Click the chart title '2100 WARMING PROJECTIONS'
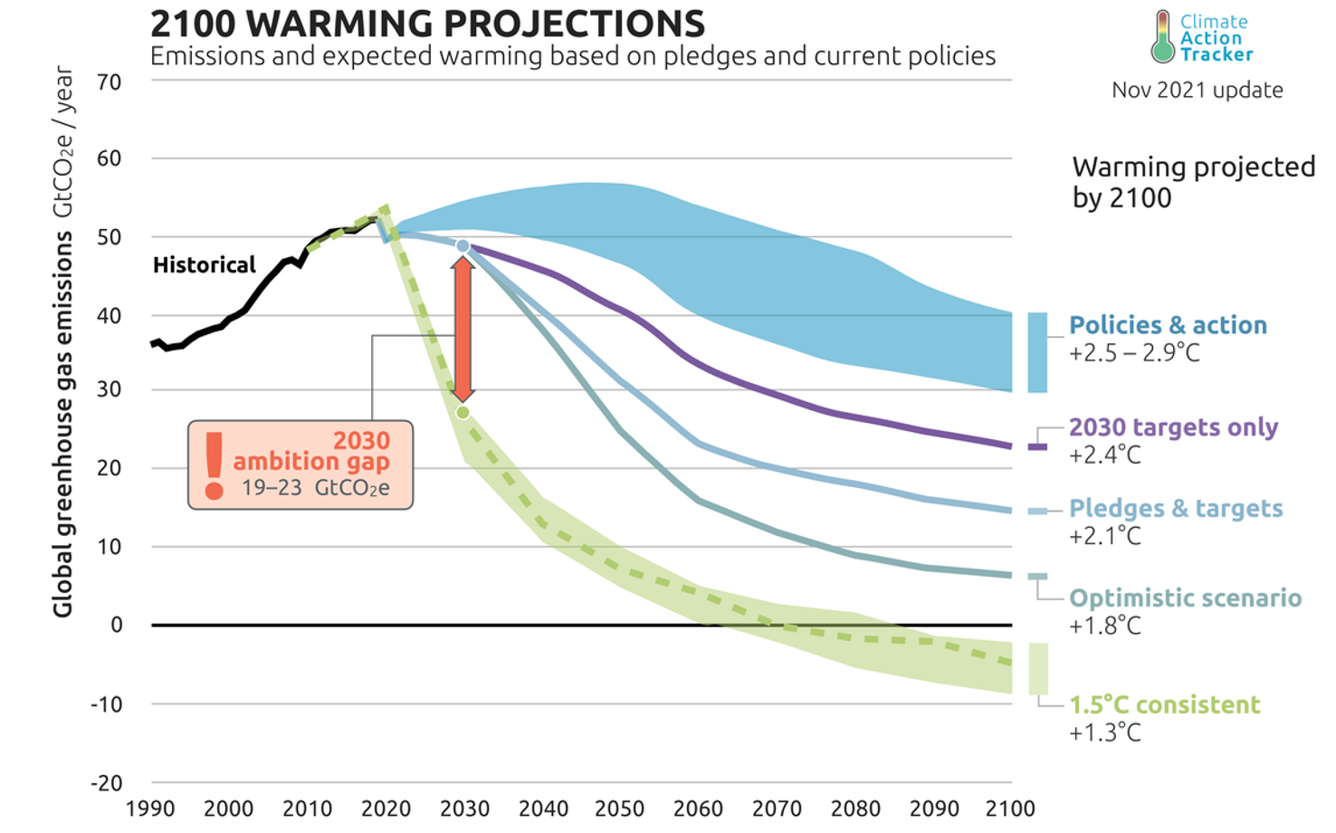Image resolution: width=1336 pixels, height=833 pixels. (x=427, y=24)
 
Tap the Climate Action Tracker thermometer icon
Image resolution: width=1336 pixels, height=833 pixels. (x=1162, y=37)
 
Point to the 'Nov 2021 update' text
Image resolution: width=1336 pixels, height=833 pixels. (x=1197, y=91)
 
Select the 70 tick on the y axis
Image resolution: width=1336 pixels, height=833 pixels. (x=109, y=82)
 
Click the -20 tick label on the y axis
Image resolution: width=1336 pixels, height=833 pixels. (x=106, y=784)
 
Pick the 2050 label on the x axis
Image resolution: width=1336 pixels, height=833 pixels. (x=620, y=809)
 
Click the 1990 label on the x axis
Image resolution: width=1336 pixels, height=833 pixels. (x=150, y=809)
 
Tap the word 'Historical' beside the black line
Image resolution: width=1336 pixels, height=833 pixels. (x=204, y=265)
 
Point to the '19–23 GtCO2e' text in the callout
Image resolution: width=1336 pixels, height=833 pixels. (x=315, y=488)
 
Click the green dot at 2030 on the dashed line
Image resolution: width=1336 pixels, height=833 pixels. (x=463, y=413)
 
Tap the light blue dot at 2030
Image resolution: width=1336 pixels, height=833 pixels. (x=463, y=246)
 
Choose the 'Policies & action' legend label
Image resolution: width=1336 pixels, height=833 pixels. (x=1168, y=326)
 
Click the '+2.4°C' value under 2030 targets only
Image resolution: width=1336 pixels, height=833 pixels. (x=1104, y=455)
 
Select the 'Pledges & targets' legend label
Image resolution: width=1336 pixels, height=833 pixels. (x=1176, y=509)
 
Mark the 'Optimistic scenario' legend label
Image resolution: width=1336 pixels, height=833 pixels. (x=1185, y=598)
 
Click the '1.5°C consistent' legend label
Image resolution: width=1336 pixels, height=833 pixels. (x=1164, y=705)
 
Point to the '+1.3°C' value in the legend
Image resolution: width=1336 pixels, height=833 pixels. (x=1104, y=732)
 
